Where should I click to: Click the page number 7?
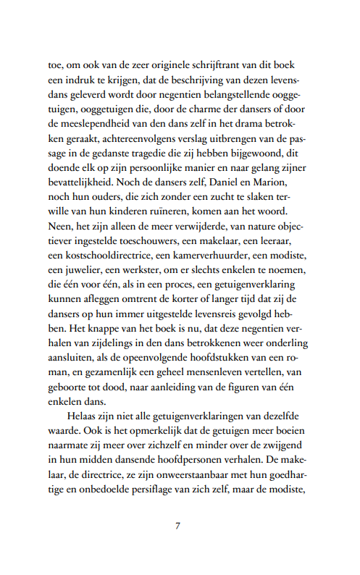(x=177, y=526)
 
